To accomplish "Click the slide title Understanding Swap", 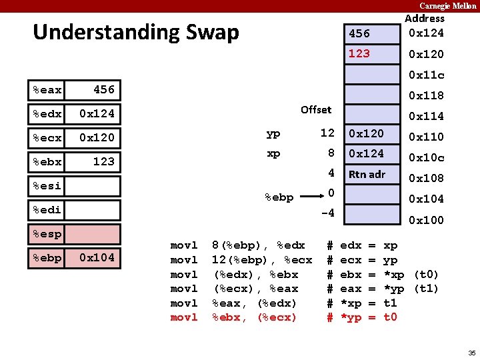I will point(135,32).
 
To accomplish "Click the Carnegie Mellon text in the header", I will point(447,5).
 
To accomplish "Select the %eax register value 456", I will point(103,89).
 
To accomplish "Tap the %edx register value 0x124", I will point(97,113).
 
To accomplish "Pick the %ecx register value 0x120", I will point(97,137).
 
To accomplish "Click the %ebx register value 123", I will point(103,161).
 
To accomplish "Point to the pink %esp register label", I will point(47,234).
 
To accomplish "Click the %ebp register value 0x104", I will point(97,257).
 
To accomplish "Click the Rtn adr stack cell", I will point(367,175).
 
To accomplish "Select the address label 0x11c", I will point(426,75).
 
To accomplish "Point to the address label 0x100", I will point(426,220).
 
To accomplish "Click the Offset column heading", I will point(315,109).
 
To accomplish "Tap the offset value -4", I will point(327,213).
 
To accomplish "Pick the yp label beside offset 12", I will point(273,133).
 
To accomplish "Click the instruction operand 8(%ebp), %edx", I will point(258,245).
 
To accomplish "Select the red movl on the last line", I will point(184,317).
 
